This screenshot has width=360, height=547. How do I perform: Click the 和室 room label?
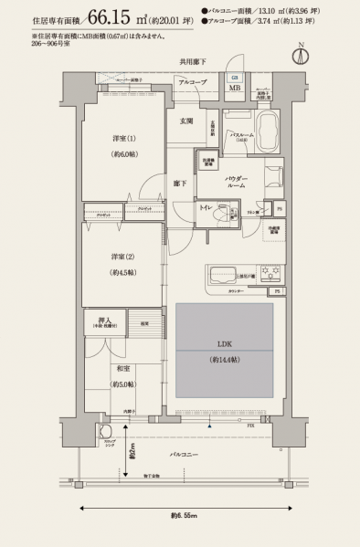120,371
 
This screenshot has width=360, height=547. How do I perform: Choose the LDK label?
223,344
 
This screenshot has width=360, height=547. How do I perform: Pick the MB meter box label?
235,89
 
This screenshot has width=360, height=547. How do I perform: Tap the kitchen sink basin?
223,275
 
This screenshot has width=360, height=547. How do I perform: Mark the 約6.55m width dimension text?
182,516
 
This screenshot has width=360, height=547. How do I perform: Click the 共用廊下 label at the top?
193,61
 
